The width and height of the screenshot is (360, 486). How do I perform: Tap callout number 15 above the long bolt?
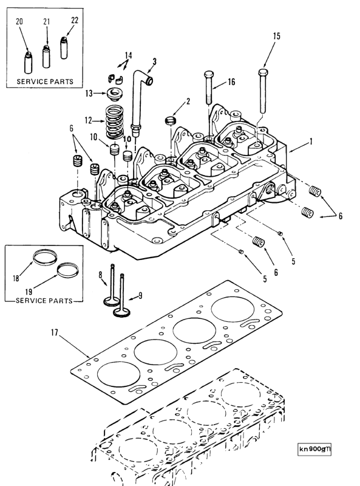pos(276,36)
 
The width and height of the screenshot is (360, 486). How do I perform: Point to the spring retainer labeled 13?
pos(113,94)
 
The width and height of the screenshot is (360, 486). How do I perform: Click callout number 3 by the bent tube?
pos(154,61)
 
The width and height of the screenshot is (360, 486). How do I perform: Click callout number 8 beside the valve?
pos(100,275)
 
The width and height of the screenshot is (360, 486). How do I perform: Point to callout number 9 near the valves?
pos(140,296)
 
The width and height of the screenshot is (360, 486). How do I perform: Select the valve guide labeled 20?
pos(27,61)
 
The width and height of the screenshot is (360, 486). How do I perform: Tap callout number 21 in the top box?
pos(46,22)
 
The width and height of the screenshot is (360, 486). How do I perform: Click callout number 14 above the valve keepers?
pos(128,56)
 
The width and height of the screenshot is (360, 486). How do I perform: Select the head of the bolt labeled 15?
pos(262,72)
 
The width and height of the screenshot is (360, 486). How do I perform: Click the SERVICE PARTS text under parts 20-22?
pos(45,81)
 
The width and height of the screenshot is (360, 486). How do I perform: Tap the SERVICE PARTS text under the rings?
pos(44,300)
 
